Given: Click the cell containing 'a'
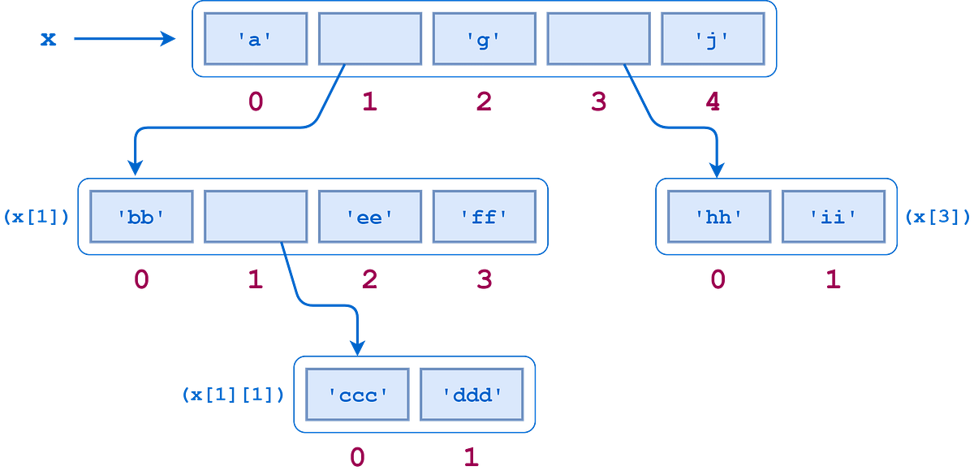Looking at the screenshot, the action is coord(256,39).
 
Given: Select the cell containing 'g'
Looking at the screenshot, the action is coord(485,39).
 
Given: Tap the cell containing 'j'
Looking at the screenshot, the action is coord(713,39).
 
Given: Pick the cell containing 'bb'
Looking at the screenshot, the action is coord(142,217).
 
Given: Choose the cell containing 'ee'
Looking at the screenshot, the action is coord(370,217).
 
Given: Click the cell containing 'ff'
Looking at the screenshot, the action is coord(485,217).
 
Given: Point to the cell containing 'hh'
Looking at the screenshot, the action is coord(719,217).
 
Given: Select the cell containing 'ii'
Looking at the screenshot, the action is coord(834,217).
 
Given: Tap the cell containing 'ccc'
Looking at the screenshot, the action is coord(357,395).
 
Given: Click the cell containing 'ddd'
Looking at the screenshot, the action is coord(472,395).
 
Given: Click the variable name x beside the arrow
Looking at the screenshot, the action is coord(48,39).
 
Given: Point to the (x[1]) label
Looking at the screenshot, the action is coord(37,217).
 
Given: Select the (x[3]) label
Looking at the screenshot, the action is coord(937,217).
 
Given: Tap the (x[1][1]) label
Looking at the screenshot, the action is coord(233,395).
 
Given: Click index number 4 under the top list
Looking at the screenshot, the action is coord(713,101).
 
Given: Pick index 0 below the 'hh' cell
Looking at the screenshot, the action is coord(718,279).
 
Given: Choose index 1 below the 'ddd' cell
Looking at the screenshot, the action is coord(472,457).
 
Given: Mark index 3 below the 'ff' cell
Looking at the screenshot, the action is coord(485,279).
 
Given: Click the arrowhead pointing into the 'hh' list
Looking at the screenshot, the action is coord(717,170).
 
